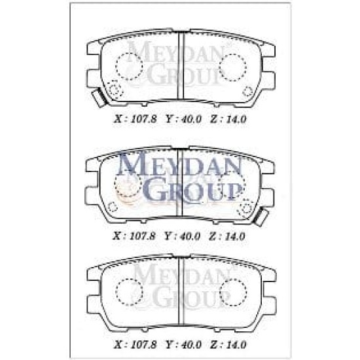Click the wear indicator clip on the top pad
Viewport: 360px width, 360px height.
click(x=99, y=98)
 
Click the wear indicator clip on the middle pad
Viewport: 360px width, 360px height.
click(x=261, y=217)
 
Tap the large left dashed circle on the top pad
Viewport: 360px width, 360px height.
click(x=129, y=66)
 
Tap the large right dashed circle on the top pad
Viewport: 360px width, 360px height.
click(x=232, y=67)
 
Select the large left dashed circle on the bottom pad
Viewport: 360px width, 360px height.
click(x=129, y=292)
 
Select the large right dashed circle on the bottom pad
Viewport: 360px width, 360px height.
click(x=233, y=292)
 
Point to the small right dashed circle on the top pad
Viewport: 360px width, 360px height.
click(x=247, y=92)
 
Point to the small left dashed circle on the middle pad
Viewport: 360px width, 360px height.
click(x=113, y=207)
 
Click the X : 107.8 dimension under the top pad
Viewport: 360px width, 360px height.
click(x=135, y=119)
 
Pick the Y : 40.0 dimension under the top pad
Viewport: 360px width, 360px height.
click(x=183, y=119)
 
